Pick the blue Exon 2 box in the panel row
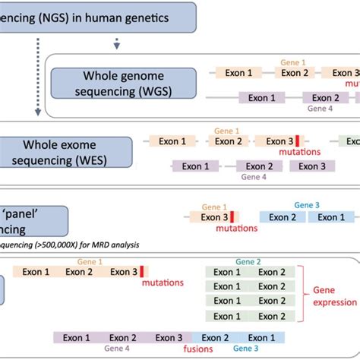coord(282,217)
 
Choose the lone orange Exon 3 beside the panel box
coord(216,217)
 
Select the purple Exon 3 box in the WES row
coord(311,166)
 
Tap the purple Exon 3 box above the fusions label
coord(169,338)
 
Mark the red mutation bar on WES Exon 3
coord(297,141)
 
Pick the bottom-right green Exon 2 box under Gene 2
coord(272,316)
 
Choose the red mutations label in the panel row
coord(234,228)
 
